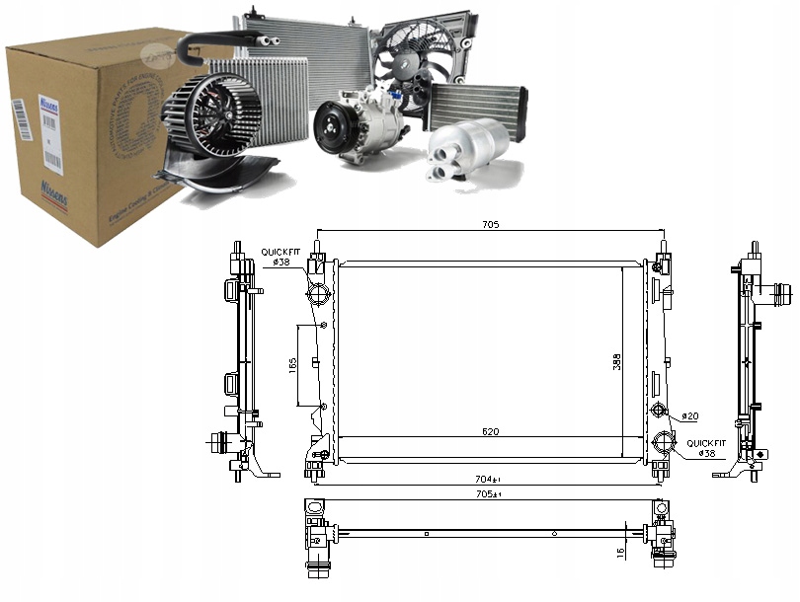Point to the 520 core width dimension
tap(490, 432)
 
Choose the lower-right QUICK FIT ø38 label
tap(704, 448)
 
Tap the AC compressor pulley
tap(333, 127)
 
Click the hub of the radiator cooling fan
tap(407, 61)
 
